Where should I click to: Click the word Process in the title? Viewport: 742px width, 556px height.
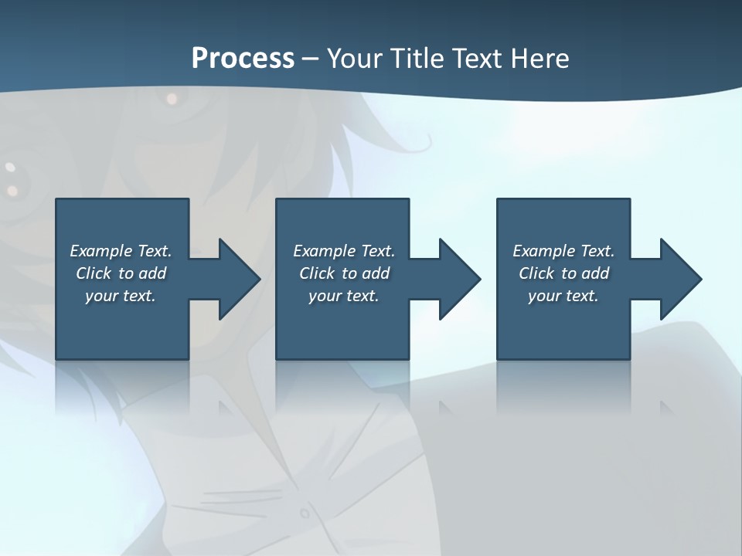(243, 59)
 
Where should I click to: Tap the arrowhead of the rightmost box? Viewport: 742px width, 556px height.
(679, 279)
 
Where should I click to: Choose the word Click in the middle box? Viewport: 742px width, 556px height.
(318, 273)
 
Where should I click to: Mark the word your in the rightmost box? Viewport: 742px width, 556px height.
(545, 296)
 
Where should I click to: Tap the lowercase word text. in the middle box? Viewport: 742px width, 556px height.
(361, 296)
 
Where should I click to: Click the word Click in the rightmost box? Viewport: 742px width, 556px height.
(537, 273)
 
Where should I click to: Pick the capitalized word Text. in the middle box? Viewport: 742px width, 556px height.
(378, 251)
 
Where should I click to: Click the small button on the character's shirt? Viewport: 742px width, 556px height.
(305, 513)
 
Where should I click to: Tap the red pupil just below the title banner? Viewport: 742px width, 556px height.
(172, 99)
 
